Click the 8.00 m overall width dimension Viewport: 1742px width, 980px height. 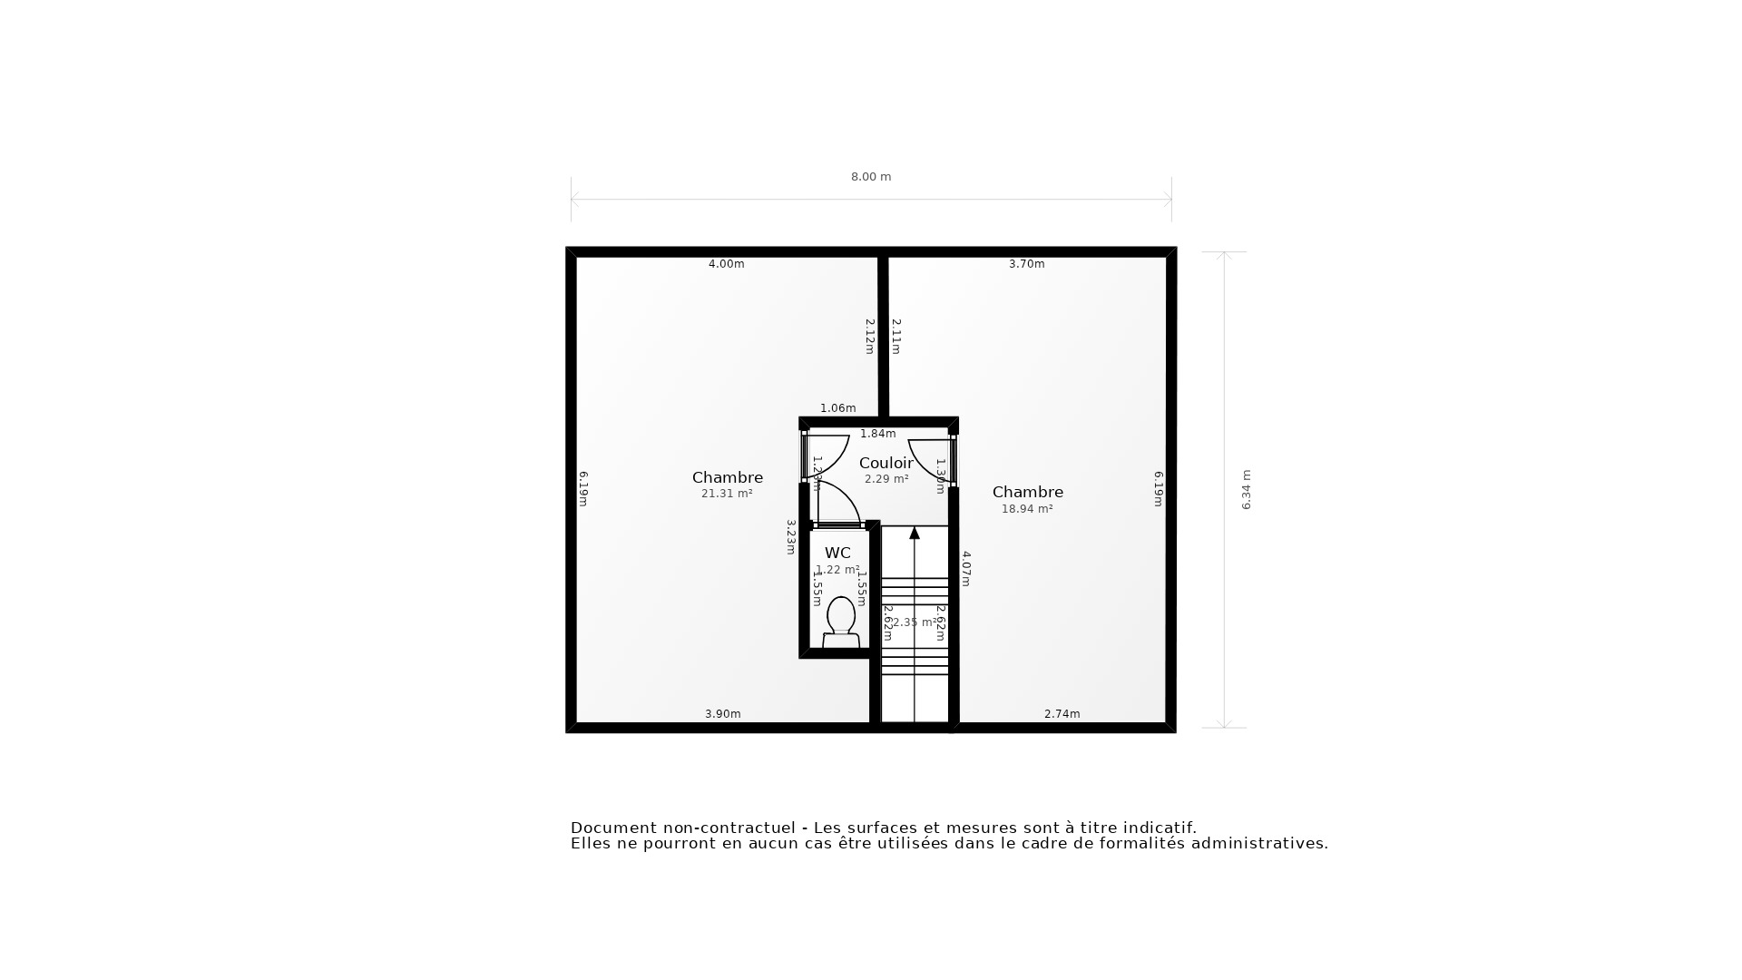pos(870,177)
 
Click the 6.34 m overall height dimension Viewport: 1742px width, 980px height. pos(1246,489)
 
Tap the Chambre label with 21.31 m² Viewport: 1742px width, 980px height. pos(727,477)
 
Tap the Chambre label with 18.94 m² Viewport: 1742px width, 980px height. pos(1027,492)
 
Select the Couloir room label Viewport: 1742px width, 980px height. pos(886,463)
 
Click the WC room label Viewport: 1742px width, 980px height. pos(837,553)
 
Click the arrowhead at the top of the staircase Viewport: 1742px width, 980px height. pos(915,533)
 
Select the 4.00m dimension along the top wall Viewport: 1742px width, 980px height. pos(726,264)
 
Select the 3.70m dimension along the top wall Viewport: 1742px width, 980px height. pos(1026,264)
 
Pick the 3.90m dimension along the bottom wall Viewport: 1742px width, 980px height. pos(722,714)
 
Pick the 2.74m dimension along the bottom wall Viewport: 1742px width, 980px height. pos(1062,714)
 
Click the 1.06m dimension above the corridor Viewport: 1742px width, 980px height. pos(837,408)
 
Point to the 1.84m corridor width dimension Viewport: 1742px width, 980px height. pos(877,434)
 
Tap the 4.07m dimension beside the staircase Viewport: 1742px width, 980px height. pos(966,568)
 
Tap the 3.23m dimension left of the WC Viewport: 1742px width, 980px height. pos(790,536)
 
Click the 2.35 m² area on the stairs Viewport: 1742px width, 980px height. pos(914,622)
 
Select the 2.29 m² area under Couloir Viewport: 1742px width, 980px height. pos(886,479)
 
